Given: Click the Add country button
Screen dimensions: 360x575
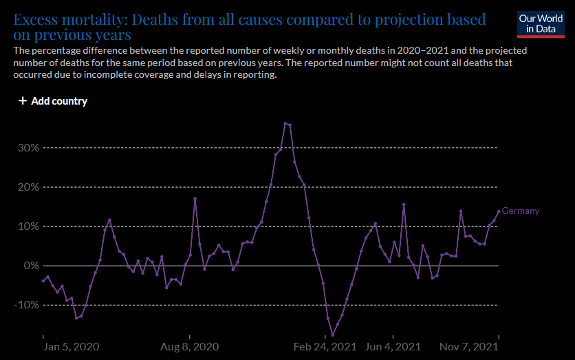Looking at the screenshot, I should (53, 101).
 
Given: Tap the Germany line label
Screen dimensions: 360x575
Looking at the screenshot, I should (521, 211).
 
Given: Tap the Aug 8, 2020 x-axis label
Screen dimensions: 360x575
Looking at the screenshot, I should (191, 347).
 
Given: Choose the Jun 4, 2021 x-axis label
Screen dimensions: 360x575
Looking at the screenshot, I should (394, 347).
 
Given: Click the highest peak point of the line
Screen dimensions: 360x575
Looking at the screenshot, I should (285, 123).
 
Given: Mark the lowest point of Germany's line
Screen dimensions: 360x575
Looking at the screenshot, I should (333, 335).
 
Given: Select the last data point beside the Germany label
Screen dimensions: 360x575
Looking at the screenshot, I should (499, 211).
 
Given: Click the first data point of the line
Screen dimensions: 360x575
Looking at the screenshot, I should (43, 281).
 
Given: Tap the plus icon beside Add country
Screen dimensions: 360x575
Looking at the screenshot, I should (23, 101).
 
